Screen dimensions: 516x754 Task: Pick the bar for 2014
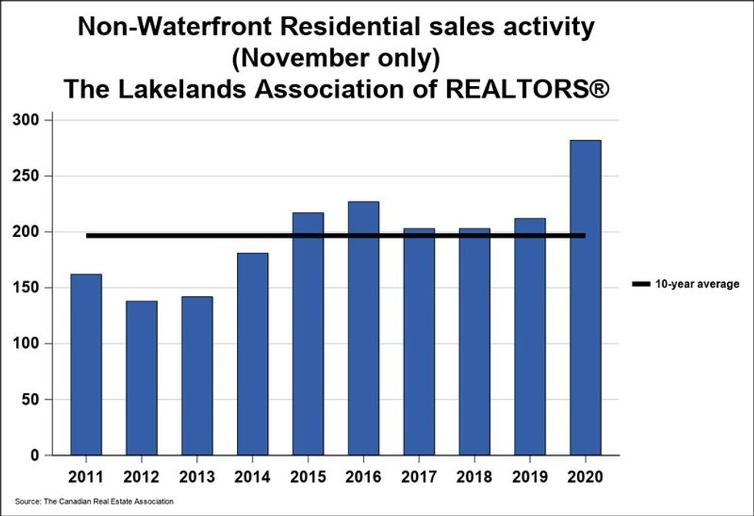pyautogui.click(x=252, y=354)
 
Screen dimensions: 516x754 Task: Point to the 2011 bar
pyautogui.click(x=86, y=365)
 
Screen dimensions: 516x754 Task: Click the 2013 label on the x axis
pyautogui.click(x=197, y=475)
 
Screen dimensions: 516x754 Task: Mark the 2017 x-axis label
pyautogui.click(x=419, y=475)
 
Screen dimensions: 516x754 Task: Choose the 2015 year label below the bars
pyautogui.click(x=308, y=475)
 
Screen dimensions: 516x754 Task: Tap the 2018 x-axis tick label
pyautogui.click(x=474, y=475)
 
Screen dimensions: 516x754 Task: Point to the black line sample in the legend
pyautogui.click(x=640, y=285)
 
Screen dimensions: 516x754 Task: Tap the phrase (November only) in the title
pyautogui.click(x=336, y=58)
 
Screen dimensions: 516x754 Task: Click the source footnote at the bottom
pyautogui.click(x=94, y=501)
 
